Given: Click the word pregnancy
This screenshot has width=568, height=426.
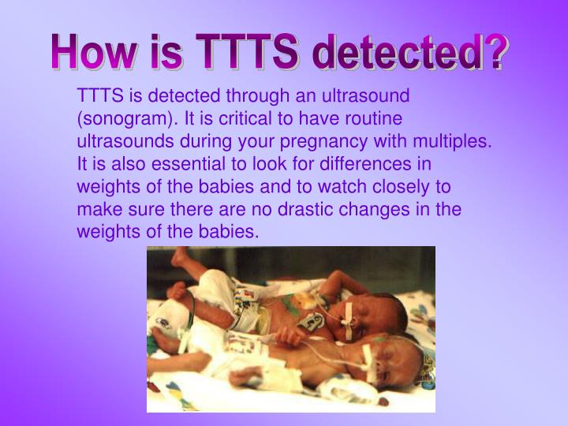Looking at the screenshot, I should click(x=314, y=142).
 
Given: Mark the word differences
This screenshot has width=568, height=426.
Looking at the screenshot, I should click(x=371, y=165).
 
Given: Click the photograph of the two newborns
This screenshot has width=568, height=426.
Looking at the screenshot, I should click(x=291, y=329).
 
